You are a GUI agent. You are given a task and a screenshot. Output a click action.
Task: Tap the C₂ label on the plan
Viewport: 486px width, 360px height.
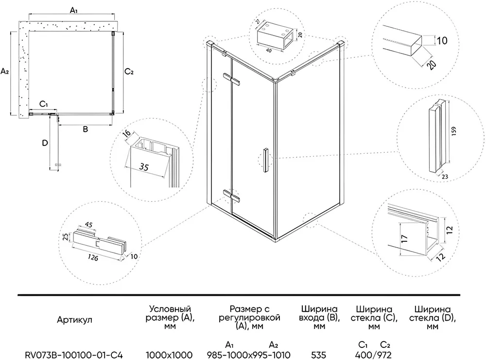click(x=128, y=72)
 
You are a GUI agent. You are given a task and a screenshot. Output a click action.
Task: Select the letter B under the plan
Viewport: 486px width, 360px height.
click(x=85, y=129)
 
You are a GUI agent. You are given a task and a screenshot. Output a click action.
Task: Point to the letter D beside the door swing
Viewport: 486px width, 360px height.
click(x=45, y=144)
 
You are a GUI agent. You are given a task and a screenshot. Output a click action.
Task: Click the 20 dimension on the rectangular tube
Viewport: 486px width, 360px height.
click(x=430, y=64)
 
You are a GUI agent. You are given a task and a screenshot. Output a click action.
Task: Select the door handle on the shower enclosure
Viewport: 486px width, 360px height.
click(x=265, y=160)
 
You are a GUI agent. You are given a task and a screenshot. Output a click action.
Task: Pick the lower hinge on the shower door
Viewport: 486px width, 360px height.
click(x=232, y=196)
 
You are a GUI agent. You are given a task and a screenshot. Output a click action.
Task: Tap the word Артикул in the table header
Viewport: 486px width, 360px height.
click(x=74, y=320)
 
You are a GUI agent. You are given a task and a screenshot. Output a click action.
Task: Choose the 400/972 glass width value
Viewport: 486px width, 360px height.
click(x=374, y=355)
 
